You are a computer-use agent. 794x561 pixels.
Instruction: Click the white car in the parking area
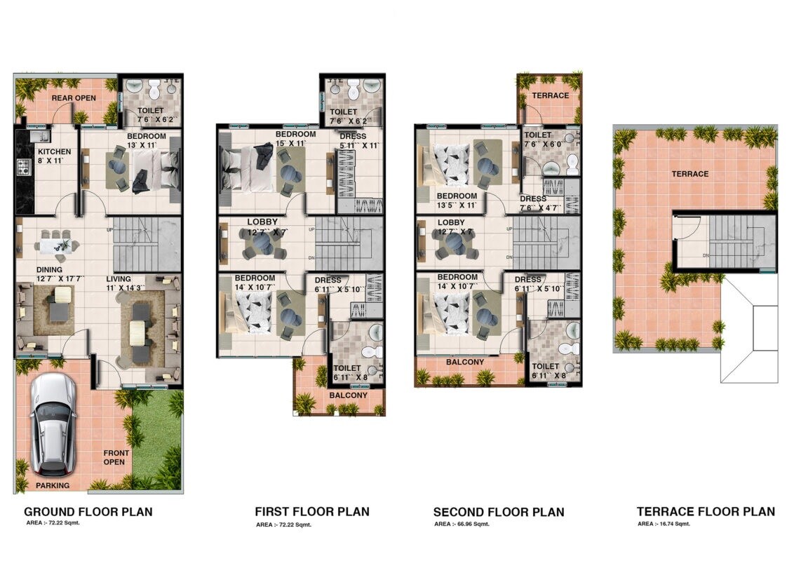[53, 423]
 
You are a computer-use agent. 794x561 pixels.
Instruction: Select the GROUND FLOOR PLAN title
[88, 512]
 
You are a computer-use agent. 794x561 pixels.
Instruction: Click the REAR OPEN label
[74, 98]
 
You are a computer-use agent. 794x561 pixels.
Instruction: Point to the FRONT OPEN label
[114, 457]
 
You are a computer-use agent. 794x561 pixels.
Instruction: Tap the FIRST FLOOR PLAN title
[312, 512]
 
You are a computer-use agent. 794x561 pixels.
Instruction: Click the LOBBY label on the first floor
[262, 222]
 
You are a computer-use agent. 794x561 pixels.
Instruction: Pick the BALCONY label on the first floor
[348, 395]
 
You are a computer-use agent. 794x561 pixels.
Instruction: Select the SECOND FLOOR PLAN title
[499, 512]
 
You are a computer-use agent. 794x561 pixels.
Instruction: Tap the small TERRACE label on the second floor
[551, 95]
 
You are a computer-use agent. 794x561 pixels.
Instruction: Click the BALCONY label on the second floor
[465, 362]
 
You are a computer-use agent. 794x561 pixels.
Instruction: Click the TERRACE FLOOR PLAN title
[706, 512]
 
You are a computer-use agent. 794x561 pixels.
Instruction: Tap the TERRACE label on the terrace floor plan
[690, 174]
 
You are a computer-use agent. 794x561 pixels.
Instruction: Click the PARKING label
[53, 485]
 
